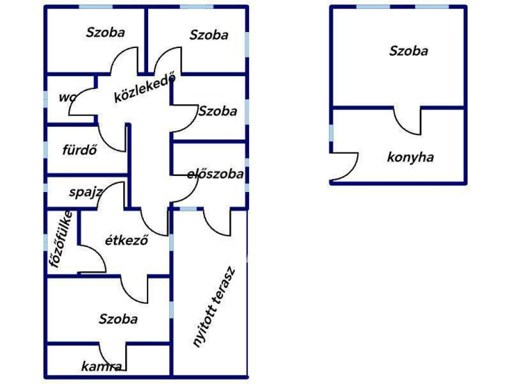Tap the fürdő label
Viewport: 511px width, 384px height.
(x=80, y=150)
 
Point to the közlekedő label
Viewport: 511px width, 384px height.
(x=145, y=87)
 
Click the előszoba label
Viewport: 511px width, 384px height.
(x=216, y=174)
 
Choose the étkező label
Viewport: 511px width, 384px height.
(x=126, y=240)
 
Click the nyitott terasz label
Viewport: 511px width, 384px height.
(x=214, y=307)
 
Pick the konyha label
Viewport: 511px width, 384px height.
(x=410, y=157)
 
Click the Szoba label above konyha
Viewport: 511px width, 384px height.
(x=409, y=51)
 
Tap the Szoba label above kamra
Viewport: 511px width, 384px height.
(x=118, y=319)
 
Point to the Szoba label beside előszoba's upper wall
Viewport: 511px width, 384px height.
(x=218, y=111)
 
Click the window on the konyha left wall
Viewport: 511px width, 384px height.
(x=331, y=133)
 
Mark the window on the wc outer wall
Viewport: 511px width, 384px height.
(x=45, y=99)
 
